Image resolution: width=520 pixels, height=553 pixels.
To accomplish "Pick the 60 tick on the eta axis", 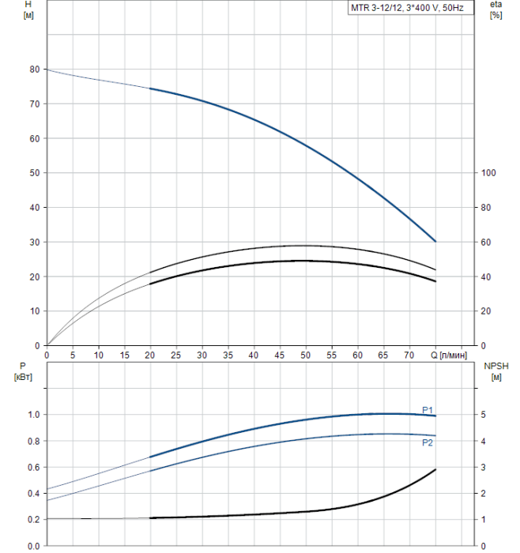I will point(486,243).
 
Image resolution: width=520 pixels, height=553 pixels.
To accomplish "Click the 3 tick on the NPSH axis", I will point(484,468).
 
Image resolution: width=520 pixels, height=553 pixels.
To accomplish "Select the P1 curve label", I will point(427,409).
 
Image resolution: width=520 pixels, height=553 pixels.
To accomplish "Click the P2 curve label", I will point(427,443).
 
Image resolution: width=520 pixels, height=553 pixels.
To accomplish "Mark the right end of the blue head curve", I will point(435,241).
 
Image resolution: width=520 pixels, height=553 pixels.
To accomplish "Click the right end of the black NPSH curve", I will point(435,469).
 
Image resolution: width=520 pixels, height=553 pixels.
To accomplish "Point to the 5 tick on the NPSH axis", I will point(484,415).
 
